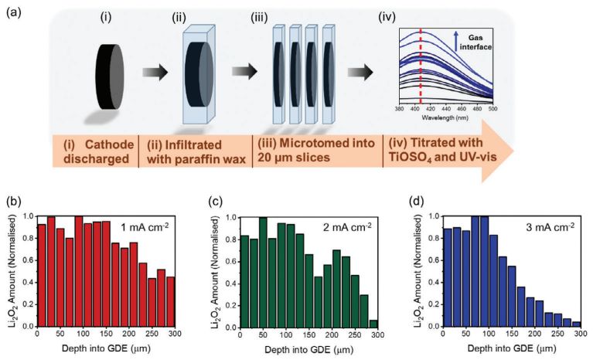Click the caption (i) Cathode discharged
pyautogui.click(x=94, y=149)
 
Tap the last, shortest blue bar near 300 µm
pyautogui.click(x=575, y=325)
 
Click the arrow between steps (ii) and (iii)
pyautogui.click(x=244, y=72)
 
